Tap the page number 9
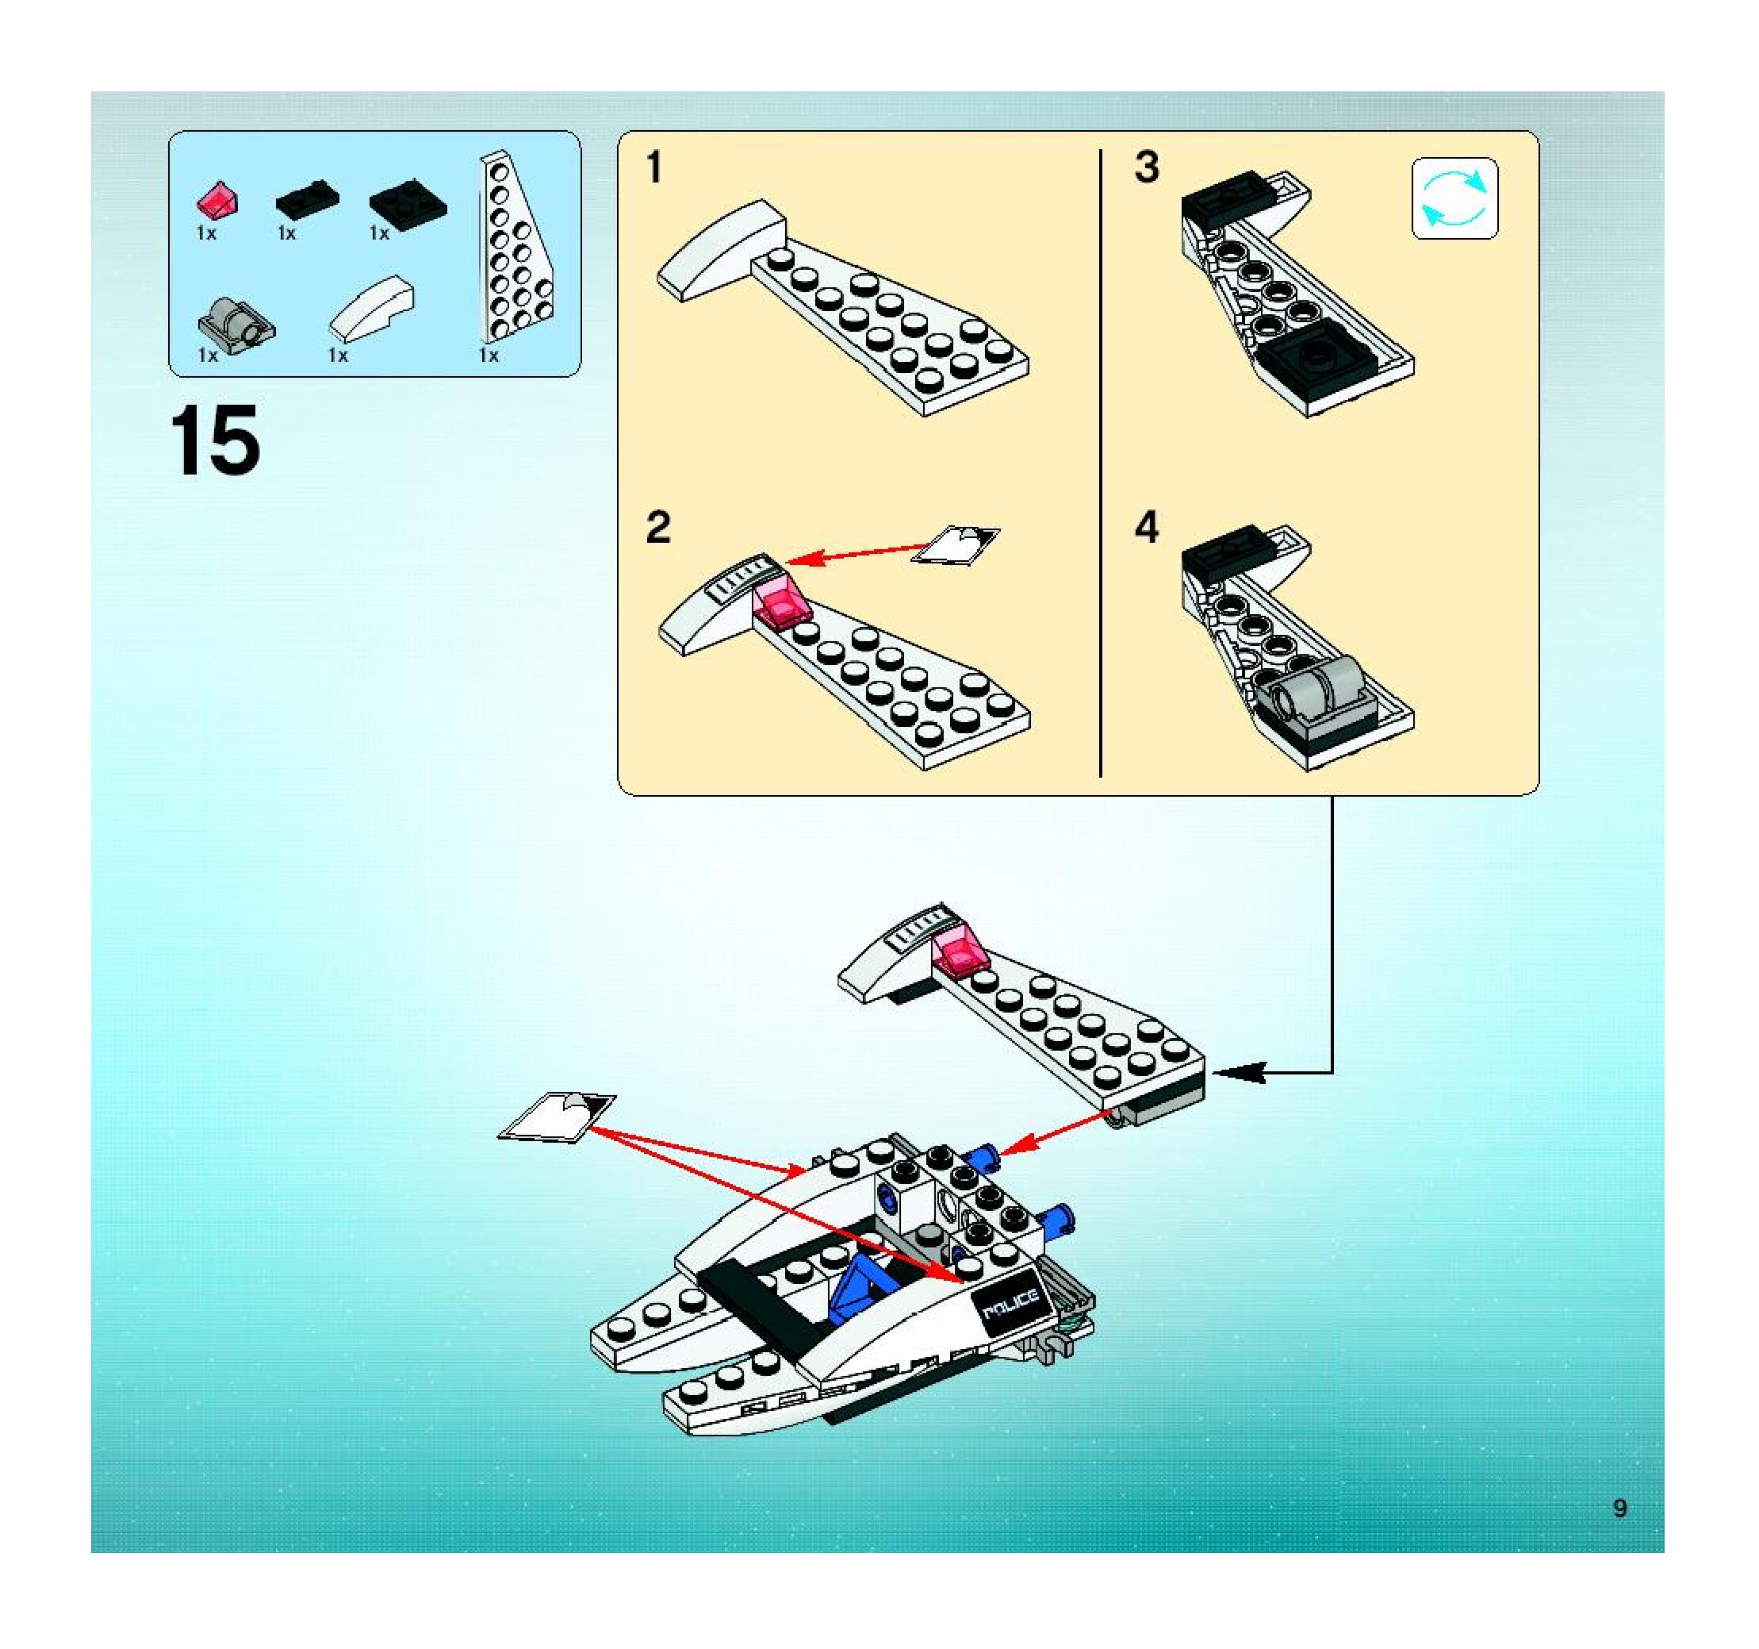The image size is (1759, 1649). pyautogui.click(x=1620, y=1509)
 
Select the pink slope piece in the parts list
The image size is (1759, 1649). pyautogui.click(x=217, y=201)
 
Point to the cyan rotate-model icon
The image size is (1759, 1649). pyautogui.click(x=1454, y=199)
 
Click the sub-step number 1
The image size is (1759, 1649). pyautogui.click(x=653, y=168)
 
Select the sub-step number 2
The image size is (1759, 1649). pyautogui.click(x=658, y=528)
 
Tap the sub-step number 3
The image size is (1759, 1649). pyautogui.click(x=1147, y=167)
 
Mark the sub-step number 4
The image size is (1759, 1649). pyautogui.click(x=1147, y=528)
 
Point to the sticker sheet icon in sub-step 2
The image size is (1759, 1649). pyautogui.click(x=956, y=544)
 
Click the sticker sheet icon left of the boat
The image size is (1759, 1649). pyautogui.click(x=558, y=1118)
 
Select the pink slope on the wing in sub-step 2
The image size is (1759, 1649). pyautogui.click(x=782, y=601)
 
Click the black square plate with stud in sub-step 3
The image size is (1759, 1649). pyautogui.click(x=1317, y=356)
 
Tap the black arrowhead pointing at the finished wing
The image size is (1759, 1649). pyautogui.click(x=1239, y=1073)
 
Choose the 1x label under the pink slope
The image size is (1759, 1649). pyautogui.click(x=206, y=233)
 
